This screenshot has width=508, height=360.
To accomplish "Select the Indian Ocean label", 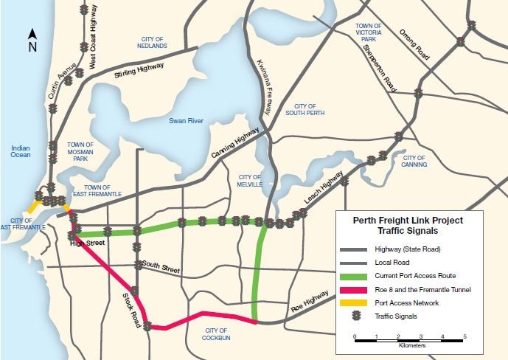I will (20, 152).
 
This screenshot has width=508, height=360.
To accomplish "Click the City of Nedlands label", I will (153, 42).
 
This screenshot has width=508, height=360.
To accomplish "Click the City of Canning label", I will (414, 161).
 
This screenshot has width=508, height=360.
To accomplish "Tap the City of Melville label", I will (249, 180).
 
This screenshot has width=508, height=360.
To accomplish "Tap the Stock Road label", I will (130, 308).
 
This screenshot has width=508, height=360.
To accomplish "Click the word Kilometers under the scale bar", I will (410, 345).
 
